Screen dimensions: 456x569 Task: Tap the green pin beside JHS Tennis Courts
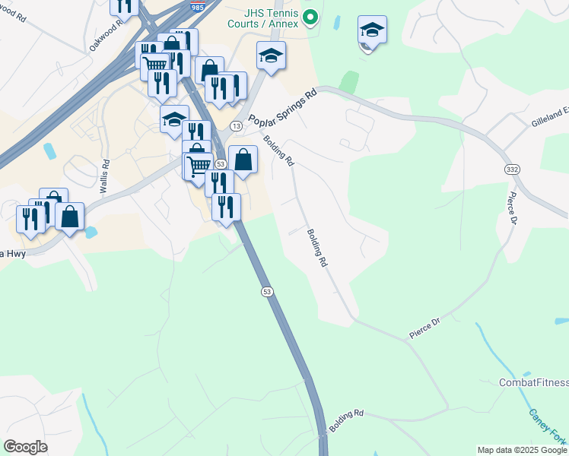click(x=310, y=17)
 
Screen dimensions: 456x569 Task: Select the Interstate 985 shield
click(x=197, y=7)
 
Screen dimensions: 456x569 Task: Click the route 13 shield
click(x=237, y=125)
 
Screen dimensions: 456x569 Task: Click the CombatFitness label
click(x=533, y=382)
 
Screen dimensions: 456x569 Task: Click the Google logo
click(x=25, y=447)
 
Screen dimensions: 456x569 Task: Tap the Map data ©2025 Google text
click(x=522, y=450)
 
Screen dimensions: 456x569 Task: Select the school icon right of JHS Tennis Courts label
click(x=371, y=30)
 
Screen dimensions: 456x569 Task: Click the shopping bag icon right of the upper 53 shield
click(x=243, y=160)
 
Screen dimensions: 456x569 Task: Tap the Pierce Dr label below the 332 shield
click(x=510, y=209)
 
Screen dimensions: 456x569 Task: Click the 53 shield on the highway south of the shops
click(x=267, y=291)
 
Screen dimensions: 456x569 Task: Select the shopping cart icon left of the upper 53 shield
click(x=199, y=166)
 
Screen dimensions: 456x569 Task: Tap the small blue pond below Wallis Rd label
click(x=91, y=232)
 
